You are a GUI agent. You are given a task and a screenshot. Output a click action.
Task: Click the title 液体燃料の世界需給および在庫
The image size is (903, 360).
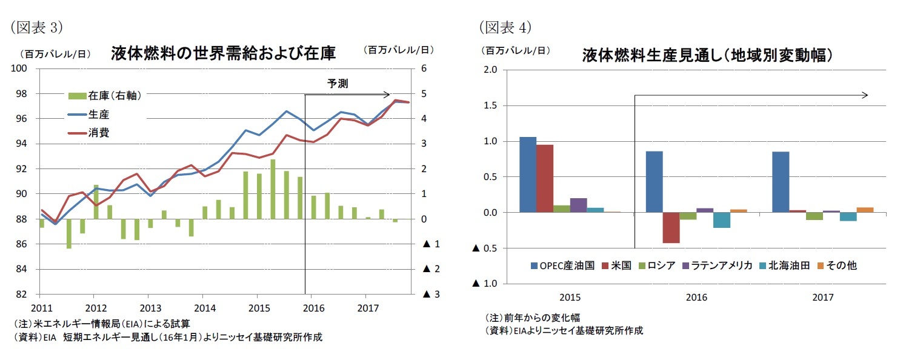coord(223,53)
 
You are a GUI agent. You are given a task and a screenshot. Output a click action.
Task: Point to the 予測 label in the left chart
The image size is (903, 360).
coord(338,84)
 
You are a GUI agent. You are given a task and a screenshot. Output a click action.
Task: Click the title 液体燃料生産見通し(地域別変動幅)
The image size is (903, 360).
coord(705,56)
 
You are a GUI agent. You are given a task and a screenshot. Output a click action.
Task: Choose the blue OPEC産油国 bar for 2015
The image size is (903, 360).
coord(528,175)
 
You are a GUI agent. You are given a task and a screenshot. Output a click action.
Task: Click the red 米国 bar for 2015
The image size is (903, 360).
coord(545,179)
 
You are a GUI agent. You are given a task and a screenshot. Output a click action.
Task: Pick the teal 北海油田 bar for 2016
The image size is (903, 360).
coord(721,220)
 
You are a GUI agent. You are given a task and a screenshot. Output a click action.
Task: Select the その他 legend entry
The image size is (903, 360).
coord(836,265)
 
